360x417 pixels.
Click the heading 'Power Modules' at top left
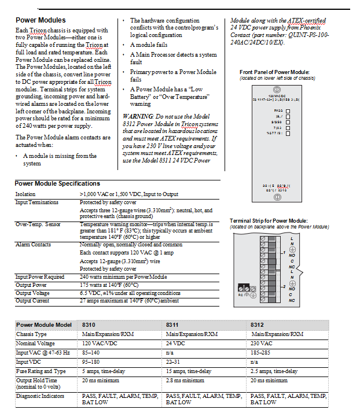(40, 20)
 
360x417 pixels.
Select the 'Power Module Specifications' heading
(57, 183)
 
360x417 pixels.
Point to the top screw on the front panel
(277, 89)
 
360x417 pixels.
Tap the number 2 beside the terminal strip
(284, 286)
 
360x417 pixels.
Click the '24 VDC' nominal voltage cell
(176, 343)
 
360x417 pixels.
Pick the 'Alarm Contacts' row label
(33, 245)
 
